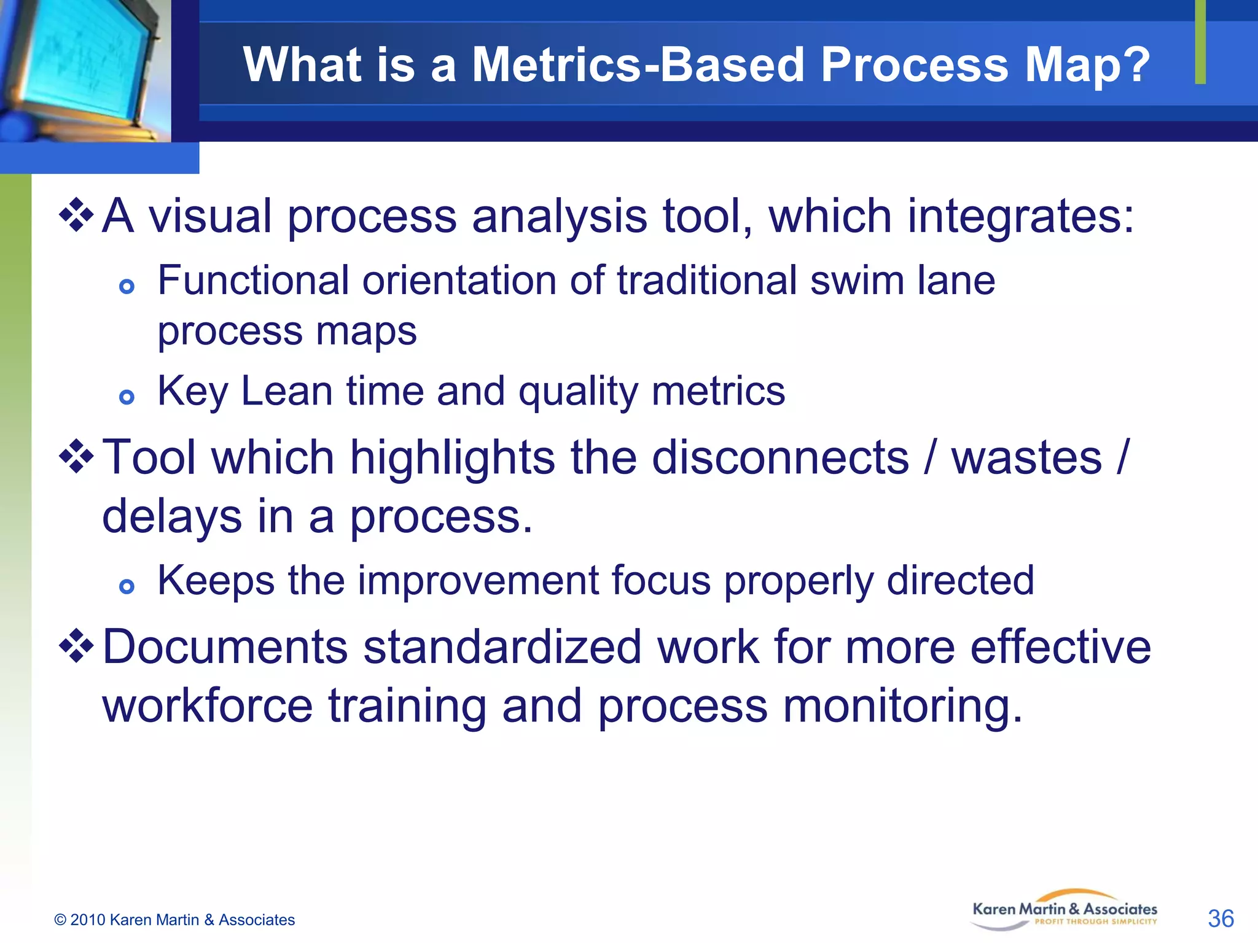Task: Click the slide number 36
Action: click(1220, 919)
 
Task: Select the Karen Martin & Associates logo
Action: click(1065, 911)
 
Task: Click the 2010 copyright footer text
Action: click(174, 920)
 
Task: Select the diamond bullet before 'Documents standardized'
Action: click(76, 646)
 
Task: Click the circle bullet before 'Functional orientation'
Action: click(127, 287)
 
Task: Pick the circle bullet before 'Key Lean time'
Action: click(127, 397)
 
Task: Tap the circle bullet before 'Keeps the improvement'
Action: click(127, 586)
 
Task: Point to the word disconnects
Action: click(779, 457)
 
